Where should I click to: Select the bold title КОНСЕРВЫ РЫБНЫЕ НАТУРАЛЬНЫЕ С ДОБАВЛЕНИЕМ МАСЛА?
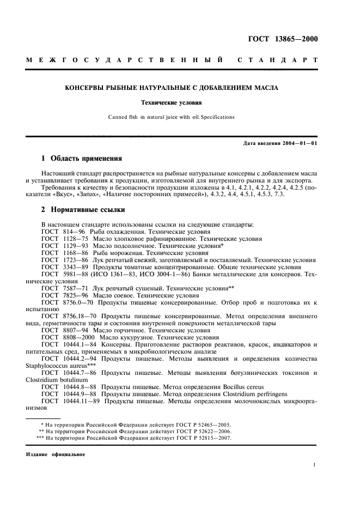coord(172,88)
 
